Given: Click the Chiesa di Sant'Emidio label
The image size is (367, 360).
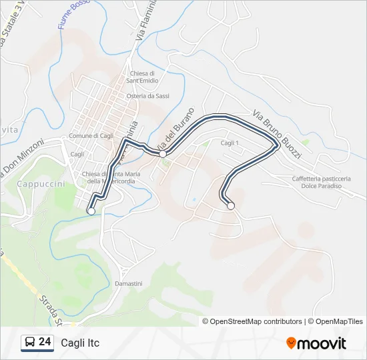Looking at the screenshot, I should click(x=143, y=77).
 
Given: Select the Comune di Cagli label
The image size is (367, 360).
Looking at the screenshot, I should click(x=90, y=136).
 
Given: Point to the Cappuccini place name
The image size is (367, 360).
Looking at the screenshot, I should click(x=41, y=182).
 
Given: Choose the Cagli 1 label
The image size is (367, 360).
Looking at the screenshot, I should click(x=229, y=143).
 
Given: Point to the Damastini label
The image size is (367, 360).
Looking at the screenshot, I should click(x=128, y=283).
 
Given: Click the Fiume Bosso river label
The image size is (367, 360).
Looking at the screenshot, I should click(x=73, y=15).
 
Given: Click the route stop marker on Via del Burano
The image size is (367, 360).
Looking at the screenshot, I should click(x=162, y=154).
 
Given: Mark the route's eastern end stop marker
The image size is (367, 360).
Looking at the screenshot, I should click(x=231, y=206).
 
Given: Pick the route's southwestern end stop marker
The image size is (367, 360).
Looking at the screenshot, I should click(x=91, y=211).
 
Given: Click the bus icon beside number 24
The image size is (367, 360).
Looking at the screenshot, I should click(x=30, y=343).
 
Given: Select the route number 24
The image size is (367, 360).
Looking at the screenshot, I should click(x=45, y=342).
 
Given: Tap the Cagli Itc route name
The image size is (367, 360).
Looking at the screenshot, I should click(x=80, y=343).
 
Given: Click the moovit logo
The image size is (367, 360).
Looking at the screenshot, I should click(x=316, y=343).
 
